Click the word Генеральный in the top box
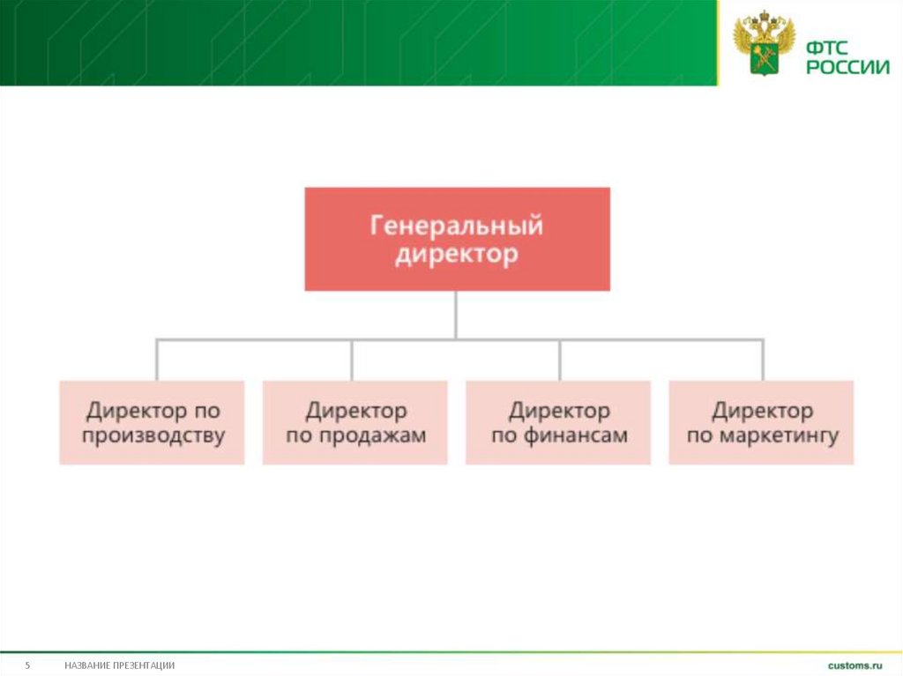click(x=456, y=227)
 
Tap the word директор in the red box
click(x=456, y=256)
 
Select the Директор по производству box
click(x=153, y=422)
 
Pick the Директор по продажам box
click(x=355, y=422)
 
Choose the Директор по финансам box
click(x=558, y=422)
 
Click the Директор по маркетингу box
click(x=761, y=422)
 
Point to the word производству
click(x=153, y=435)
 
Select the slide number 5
click(x=27, y=665)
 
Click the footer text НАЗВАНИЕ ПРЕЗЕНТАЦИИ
click(x=119, y=665)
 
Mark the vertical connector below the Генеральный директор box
click(x=456, y=314)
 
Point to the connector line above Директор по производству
click(x=157, y=359)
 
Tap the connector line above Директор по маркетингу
click(x=763, y=359)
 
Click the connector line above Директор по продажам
click(x=352, y=359)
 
